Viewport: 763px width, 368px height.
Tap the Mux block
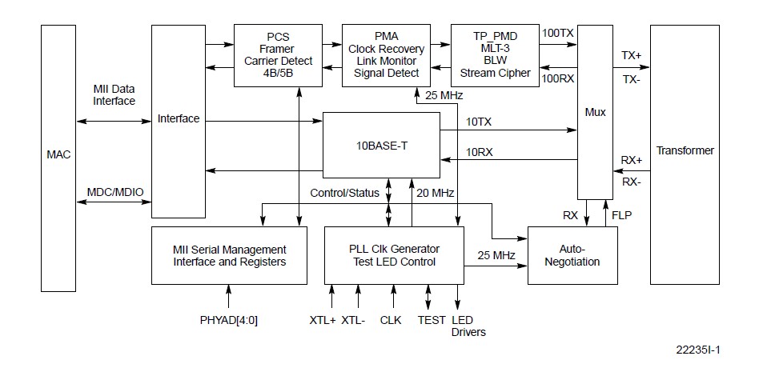click(x=593, y=113)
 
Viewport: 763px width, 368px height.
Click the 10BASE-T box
click(x=380, y=145)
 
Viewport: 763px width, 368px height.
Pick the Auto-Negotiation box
click(x=572, y=255)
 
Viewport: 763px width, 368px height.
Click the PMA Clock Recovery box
click(x=386, y=55)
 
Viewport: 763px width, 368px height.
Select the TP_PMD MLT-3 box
click(x=495, y=55)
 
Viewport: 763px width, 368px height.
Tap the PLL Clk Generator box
click(x=393, y=254)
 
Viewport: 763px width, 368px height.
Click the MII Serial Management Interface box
click(x=229, y=254)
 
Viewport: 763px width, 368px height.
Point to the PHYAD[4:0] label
click(x=229, y=320)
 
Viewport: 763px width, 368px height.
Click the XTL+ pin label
click(x=322, y=320)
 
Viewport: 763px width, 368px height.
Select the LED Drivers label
click(x=468, y=326)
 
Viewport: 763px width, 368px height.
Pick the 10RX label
click(x=479, y=151)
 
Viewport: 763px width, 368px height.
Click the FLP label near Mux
click(x=620, y=214)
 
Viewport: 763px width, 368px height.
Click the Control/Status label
click(x=345, y=193)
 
